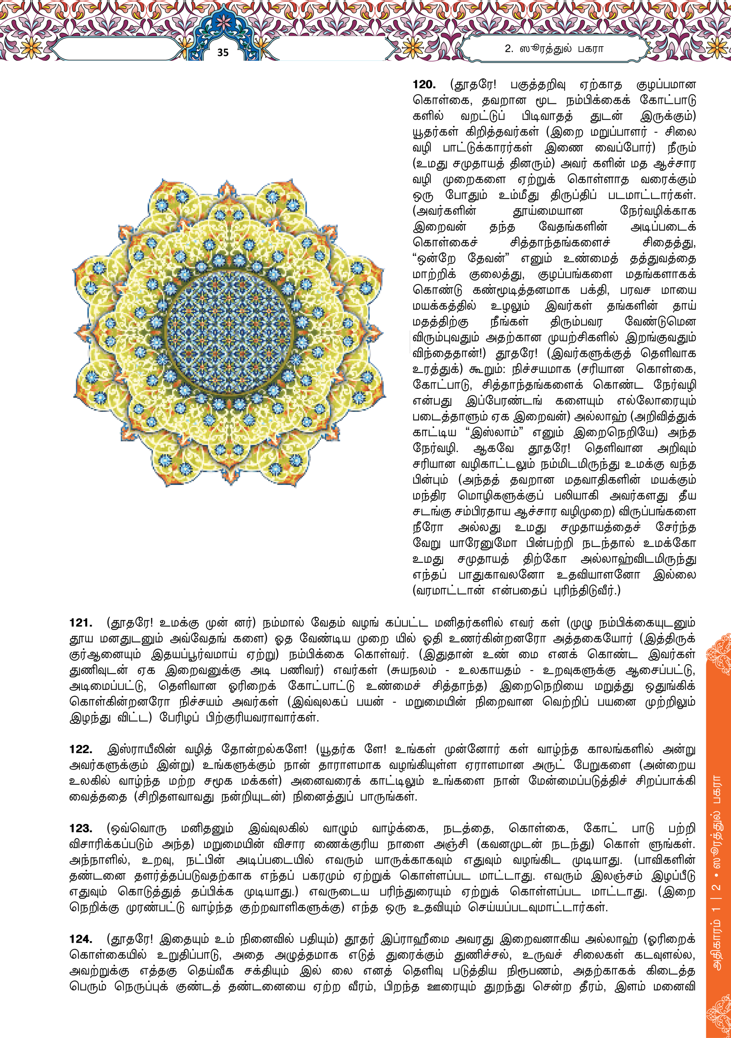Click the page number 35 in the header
pos(223,52)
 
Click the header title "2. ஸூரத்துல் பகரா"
pos(554,49)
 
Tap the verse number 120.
pos(424,85)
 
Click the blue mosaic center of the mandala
pos(228,332)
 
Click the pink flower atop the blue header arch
pos(223,22)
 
